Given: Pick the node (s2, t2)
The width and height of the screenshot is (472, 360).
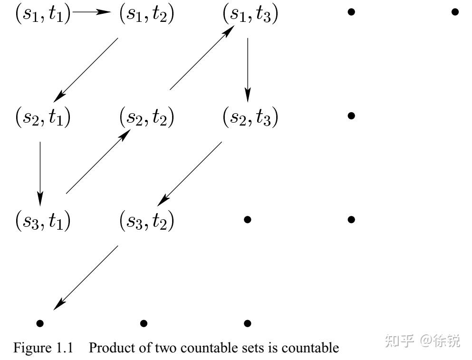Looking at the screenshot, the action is tap(146, 117).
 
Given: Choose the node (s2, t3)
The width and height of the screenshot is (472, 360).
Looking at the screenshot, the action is tap(250, 117).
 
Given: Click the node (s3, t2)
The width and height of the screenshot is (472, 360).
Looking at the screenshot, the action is tap(146, 221).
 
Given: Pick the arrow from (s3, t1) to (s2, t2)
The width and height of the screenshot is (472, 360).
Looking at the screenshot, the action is tap(97, 163).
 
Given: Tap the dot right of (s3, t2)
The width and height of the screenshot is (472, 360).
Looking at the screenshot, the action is tap(247, 219).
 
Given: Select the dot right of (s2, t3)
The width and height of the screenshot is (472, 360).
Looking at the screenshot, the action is tap(351, 116).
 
